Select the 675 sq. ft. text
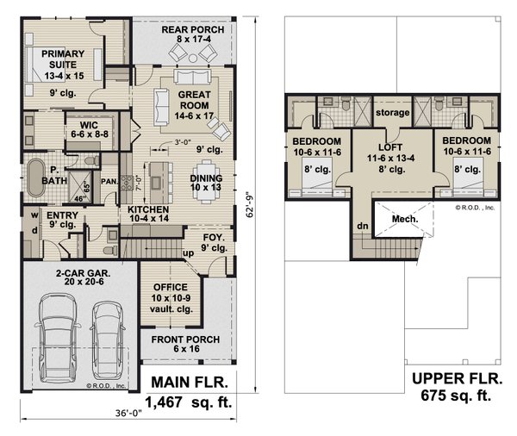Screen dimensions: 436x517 pos(456,396)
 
